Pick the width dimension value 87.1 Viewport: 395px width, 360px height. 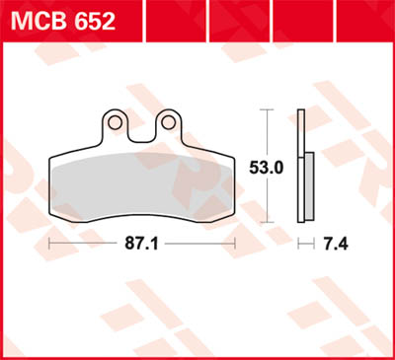(x=144, y=241)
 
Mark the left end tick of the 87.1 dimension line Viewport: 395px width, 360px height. (x=49, y=241)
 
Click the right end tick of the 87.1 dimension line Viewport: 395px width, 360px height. (x=236, y=241)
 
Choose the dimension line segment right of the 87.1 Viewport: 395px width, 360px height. (x=202, y=241)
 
